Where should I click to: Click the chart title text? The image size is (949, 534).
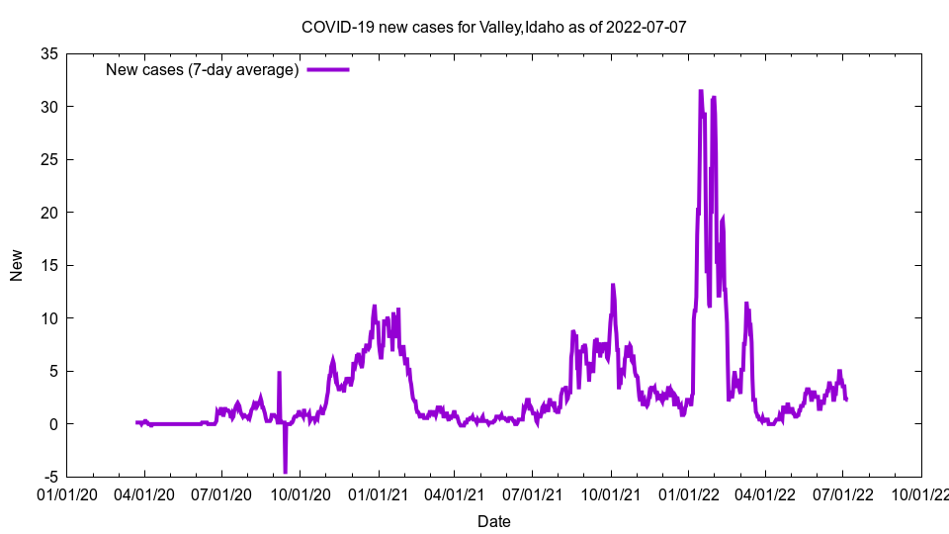[x=493, y=27]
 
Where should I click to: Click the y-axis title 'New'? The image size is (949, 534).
[x=17, y=265]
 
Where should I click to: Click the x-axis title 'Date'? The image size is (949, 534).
[x=494, y=521]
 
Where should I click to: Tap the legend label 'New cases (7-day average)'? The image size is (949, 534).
[x=203, y=69]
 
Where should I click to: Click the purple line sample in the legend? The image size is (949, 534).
[x=328, y=69]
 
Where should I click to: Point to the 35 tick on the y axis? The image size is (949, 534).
[x=48, y=53]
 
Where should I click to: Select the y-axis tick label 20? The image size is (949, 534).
[x=48, y=213]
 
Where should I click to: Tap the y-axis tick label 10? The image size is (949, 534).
[x=48, y=318]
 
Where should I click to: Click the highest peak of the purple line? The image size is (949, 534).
[x=701, y=91]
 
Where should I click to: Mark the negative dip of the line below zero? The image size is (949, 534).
[x=285, y=472]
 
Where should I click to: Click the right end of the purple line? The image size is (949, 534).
[x=846, y=400]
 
